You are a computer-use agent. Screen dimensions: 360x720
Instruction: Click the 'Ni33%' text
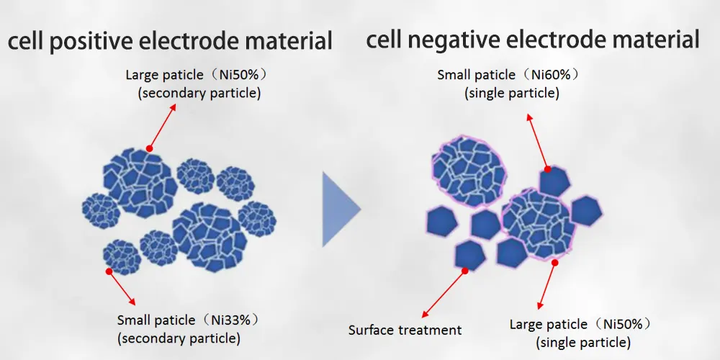230,320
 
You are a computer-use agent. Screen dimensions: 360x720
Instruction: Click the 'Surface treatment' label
405,330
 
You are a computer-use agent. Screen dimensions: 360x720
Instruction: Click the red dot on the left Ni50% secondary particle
149,149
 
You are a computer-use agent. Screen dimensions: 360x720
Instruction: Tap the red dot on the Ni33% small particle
109,271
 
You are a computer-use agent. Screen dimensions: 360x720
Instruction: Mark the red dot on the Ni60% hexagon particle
547,169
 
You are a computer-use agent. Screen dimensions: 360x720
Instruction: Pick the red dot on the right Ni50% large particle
554,263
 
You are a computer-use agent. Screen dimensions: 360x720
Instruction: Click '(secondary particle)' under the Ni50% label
199,93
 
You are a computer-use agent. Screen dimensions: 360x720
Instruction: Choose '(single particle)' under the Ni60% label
512,93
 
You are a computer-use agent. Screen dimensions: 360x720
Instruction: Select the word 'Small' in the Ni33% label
134,320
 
